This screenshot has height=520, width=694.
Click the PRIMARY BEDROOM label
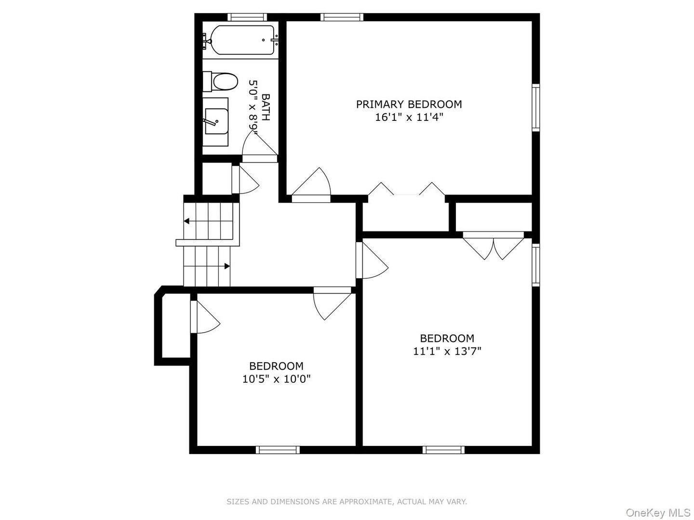coord(409,104)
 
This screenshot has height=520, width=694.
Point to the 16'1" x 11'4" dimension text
coord(409,117)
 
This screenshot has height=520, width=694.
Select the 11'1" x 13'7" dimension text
coord(447,351)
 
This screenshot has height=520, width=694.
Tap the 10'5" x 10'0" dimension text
coord(276,379)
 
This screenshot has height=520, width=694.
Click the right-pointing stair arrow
coord(227,266)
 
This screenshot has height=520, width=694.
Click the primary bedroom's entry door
coord(311,185)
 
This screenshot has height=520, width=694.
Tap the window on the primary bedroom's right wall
coord(535,107)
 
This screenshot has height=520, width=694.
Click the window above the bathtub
coord(247,17)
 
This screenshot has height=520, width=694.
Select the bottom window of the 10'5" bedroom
coord(278,450)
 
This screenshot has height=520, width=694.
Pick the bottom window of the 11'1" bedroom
coord(444,450)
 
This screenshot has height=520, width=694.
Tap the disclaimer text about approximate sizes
coord(347,502)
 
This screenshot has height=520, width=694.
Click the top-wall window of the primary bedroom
coord(342,17)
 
